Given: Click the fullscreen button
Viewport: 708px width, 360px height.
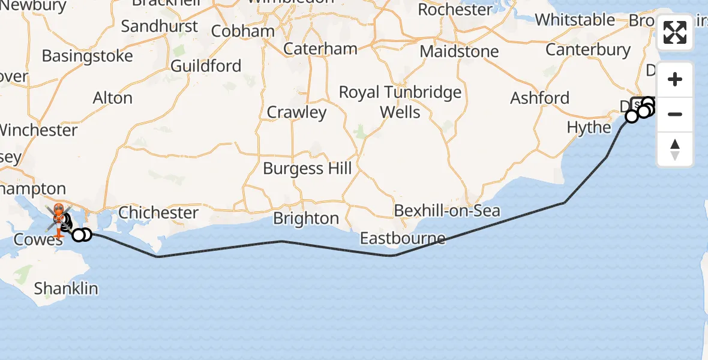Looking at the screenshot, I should (x=675, y=33).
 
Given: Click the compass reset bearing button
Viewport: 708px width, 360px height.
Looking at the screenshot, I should (x=675, y=149).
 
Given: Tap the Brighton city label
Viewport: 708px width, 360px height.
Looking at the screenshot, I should (x=305, y=218).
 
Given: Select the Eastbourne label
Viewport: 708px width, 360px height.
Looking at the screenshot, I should (x=403, y=239).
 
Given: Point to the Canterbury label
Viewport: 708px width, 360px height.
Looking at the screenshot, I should (x=588, y=50).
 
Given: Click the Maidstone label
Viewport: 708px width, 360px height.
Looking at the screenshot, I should (x=459, y=52).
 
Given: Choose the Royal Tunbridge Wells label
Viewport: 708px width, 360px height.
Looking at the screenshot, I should (x=400, y=102).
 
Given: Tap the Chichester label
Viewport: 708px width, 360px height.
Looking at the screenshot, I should (x=158, y=213).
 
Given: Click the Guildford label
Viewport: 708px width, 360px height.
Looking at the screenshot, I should (x=206, y=66).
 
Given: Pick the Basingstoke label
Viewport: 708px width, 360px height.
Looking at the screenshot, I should (x=88, y=56).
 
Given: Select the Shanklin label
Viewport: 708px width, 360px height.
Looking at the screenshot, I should (x=66, y=289).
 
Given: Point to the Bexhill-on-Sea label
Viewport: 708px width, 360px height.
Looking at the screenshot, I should (x=446, y=211).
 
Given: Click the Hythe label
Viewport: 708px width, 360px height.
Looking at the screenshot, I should (x=589, y=128).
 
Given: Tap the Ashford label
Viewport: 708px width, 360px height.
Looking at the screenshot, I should (x=539, y=98).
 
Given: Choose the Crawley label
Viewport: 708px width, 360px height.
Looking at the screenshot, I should (x=296, y=112).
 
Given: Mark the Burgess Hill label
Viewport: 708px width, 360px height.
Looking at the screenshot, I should (x=307, y=169).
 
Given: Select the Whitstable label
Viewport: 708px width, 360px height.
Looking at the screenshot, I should (x=575, y=20).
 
